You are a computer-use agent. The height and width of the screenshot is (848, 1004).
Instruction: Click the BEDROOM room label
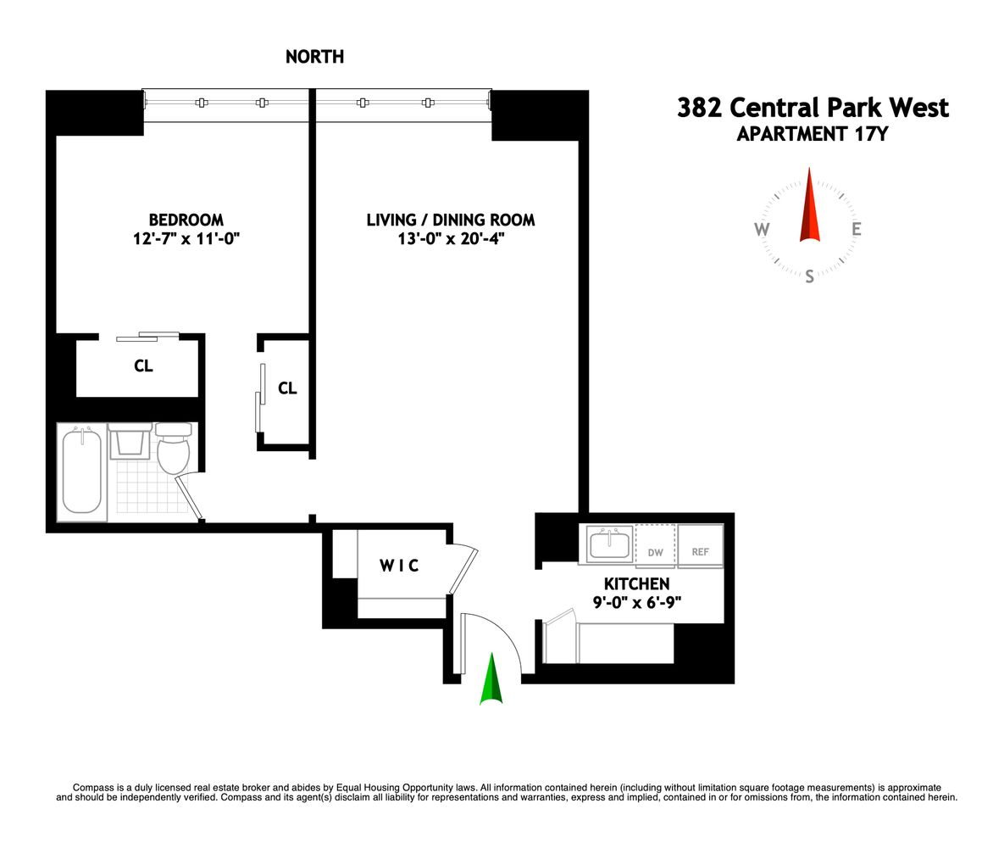(x=186, y=220)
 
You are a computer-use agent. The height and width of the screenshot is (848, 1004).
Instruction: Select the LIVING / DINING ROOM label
(x=451, y=220)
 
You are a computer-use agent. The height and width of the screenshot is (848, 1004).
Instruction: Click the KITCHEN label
(x=636, y=584)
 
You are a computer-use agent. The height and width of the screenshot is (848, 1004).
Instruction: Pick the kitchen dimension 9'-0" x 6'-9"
(x=636, y=603)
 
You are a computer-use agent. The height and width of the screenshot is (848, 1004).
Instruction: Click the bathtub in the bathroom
(x=81, y=472)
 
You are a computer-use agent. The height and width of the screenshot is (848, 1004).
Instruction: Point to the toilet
(x=174, y=450)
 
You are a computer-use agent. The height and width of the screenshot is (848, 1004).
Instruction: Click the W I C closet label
(x=399, y=566)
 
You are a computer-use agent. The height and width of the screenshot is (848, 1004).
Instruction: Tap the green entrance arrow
(x=491, y=680)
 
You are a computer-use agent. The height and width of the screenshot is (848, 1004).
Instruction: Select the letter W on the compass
(x=762, y=230)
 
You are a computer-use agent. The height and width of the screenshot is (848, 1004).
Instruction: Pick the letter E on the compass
(x=857, y=229)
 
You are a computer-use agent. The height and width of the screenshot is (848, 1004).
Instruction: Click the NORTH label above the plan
(x=314, y=57)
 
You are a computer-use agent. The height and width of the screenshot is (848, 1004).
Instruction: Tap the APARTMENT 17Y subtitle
(x=812, y=133)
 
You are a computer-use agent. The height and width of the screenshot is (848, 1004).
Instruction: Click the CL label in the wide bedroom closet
(x=143, y=366)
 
